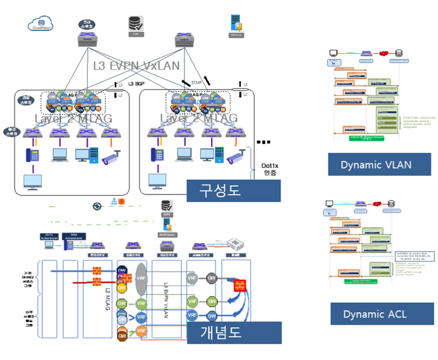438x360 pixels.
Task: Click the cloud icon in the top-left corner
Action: (x=42, y=25)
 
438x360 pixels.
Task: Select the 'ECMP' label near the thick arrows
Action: (x=197, y=82)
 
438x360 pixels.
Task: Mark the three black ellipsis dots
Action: (x=264, y=143)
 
